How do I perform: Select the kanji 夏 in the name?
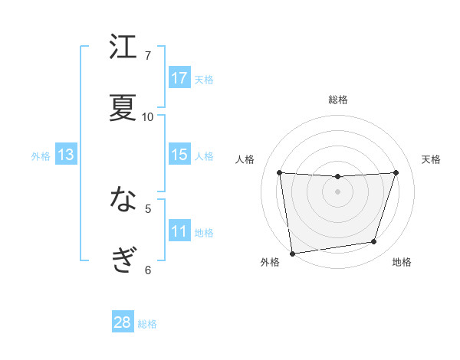click(x=123, y=107)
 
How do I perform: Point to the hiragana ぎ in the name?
click(x=123, y=260)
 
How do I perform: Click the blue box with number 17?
click(x=179, y=77)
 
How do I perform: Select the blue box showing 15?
click(x=179, y=155)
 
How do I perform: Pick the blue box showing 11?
click(x=179, y=231)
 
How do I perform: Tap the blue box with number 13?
click(x=66, y=155)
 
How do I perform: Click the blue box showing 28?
click(x=123, y=322)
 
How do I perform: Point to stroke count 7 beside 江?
click(x=148, y=55)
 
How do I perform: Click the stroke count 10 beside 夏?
click(x=148, y=116)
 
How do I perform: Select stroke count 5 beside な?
click(x=148, y=208)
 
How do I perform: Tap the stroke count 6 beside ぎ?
click(x=148, y=269)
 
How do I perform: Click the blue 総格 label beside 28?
click(x=147, y=324)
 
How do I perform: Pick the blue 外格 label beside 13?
click(x=41, y=156)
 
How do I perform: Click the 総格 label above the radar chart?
click(x=338, y=100)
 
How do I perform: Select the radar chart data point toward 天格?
click(x=396, y=172)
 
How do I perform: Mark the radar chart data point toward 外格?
click(x=292, y=253)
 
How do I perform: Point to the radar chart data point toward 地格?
click(x=374, y=242)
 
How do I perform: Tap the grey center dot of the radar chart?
click(x=338, y=191)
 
